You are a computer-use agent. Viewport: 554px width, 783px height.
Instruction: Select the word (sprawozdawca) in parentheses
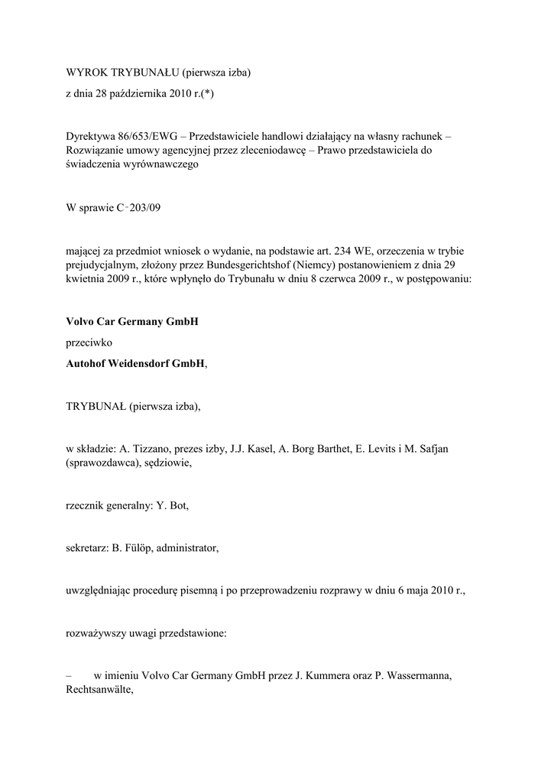pos(103,463)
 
